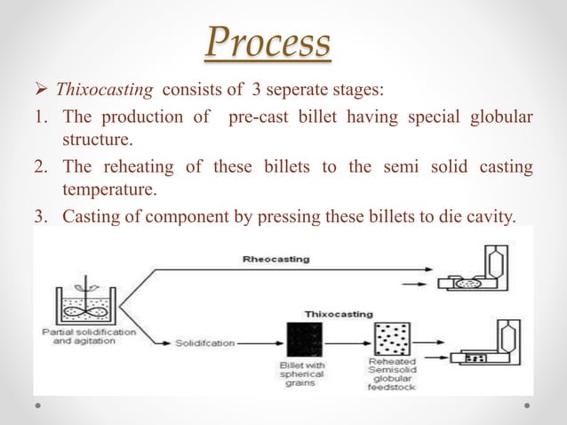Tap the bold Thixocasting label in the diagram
pos(339,314)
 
